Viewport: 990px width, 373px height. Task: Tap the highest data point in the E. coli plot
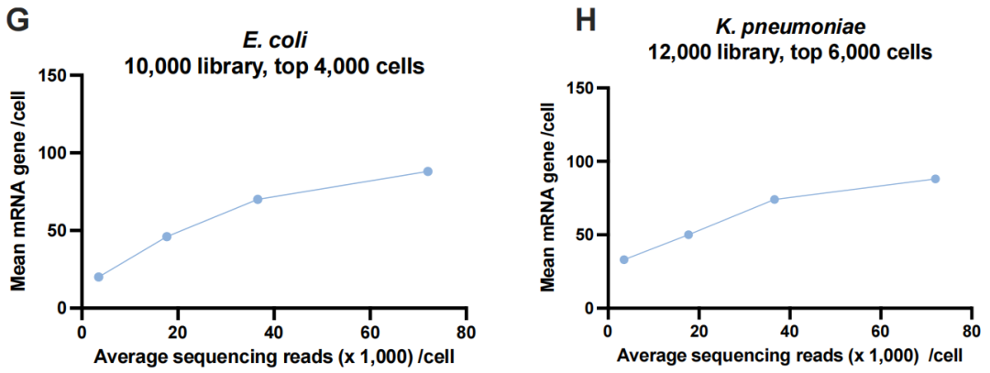pyautogui.click(x=427, y=171)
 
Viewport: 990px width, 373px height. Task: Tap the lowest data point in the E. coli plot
pyautogui.click(x=98, y=277)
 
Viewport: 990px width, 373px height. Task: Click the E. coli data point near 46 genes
pyautogui.click(x=167, y=236)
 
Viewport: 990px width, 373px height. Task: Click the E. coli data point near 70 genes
pyautogui.click(x=258, y=199)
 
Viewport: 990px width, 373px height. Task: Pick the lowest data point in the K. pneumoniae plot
pyautogui.click(x=624, y=259)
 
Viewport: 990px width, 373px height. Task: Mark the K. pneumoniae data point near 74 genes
pyautogui.click(x=775, y=199)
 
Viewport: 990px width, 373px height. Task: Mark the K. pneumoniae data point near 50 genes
pyautogui.click(x=688, y=235)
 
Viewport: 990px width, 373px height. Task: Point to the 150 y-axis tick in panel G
pyautogui.click(x=60, y=75)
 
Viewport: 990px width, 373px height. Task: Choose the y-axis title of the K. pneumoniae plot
pyautogui.click(x=548, y=198)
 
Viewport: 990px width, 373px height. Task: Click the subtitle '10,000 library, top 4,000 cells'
pyautogui.click(x=273, y=67)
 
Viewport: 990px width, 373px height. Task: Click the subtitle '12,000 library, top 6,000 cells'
pyautogui.click(x=788, y=53)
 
